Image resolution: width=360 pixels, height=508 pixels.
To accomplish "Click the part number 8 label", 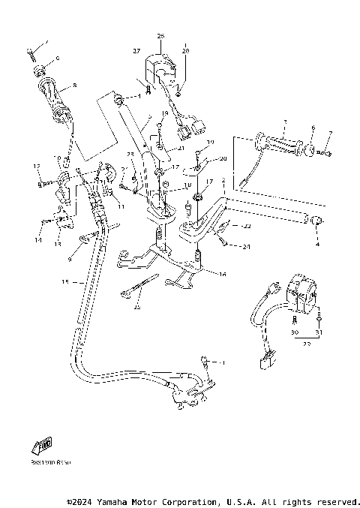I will pos(74,86).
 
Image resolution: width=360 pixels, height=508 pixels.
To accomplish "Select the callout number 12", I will pos(36,166).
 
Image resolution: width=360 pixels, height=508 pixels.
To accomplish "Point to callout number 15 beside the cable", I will pos(64,283).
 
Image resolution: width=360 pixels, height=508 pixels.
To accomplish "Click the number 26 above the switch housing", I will pos(160,35).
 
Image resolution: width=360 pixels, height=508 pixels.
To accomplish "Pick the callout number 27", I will pos(137,50).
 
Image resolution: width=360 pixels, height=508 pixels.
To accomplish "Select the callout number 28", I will pos(185,50).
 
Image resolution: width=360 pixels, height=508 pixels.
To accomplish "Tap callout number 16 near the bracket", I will pos(222,275).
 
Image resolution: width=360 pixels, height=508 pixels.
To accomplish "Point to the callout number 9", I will pos(70,259).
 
